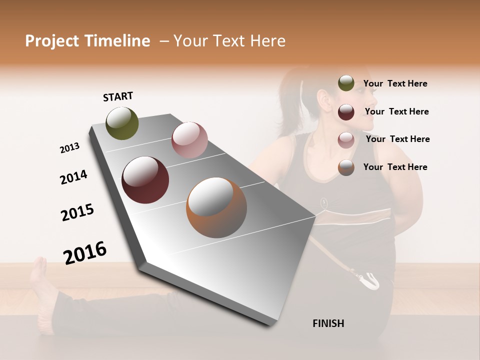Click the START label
click(x=118, y=96)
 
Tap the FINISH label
click(x=328, y=323)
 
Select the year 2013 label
click(x=69, y=148)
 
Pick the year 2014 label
click(x=73, y=177)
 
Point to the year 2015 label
click(x=77, y=212)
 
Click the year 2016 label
click(x=85, y=252)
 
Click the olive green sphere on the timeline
click(x=122, y=123)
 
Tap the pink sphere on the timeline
click(x=189, y=140)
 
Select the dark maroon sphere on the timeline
click(x=145, y=180)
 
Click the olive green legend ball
click(x=346, y=83)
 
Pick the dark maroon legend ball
click(x=346, y=112)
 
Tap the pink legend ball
click(x=346, y=139)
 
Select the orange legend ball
click(x=346, y=167)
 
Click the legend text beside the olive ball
click(x=395, y=83)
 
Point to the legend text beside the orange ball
click(x=395, y=167)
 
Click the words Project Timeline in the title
click(x=87, y=41)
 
